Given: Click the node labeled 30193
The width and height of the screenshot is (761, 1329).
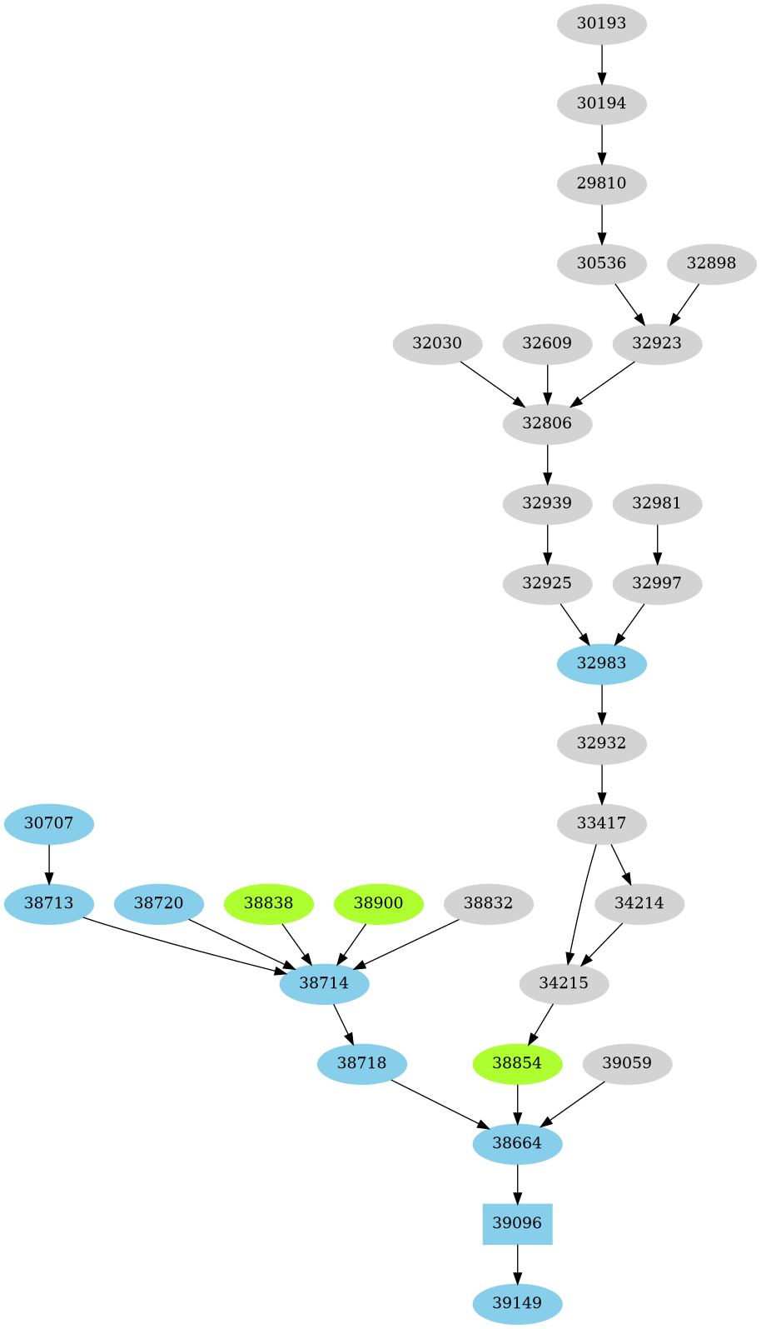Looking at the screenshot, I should pos(601,23).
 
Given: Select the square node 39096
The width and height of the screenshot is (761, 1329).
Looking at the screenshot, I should pos(517,1223).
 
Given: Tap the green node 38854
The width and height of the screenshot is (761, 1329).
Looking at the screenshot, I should pos(517,1063).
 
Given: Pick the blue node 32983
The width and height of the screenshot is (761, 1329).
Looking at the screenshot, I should pos(601,663).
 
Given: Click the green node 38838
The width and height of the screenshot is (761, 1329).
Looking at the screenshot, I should pos(268,903).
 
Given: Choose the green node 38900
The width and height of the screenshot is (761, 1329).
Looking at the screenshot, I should pos(378,903).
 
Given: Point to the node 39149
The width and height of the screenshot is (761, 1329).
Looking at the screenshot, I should pos(517,1303).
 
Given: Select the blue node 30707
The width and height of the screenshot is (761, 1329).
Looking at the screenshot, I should pos(49,823).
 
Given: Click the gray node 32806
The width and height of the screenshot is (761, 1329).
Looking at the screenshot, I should pos(547,423).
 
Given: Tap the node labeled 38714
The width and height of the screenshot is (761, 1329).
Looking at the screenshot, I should pos(324,983).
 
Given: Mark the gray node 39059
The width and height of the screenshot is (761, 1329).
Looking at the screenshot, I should pos(627,1063).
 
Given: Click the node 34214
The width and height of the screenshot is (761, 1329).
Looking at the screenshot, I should pos(639,903).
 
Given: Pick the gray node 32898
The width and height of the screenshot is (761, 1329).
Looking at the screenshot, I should pos(711,263).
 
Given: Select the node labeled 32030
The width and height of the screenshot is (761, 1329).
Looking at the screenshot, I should pos(437,343).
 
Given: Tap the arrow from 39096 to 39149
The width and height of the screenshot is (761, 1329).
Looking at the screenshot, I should pos(517,1264).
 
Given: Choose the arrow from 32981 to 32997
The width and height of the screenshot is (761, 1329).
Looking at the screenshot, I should pos(657,544).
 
